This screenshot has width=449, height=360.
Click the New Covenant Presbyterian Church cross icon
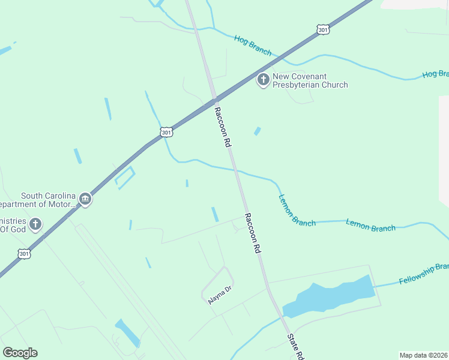(x=263, y=79)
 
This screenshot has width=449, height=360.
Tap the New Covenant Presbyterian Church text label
(x=310, y=80)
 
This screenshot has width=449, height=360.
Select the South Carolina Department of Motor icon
(x=85, y=199)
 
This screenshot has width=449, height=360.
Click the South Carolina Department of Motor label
(x=48, y=200)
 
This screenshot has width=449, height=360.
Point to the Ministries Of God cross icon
(x=35, y=224)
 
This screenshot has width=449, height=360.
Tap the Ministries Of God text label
(x=13, y=224)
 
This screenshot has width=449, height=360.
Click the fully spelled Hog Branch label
(x=253, y=46)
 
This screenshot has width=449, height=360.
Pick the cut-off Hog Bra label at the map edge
(x=435, y=74)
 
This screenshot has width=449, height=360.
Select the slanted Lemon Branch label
(x=297, y=210)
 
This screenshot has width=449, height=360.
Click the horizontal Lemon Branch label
(x=370, y=226)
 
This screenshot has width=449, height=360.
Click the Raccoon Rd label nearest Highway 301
(x=223, y=127)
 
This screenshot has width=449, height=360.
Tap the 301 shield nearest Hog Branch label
(x=323, y=29)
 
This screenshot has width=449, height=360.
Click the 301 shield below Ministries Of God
(x=24, y=253)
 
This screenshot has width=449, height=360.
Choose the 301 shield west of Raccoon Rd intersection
(x=167, y=131)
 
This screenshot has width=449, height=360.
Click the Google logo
(x=20, y=352)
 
